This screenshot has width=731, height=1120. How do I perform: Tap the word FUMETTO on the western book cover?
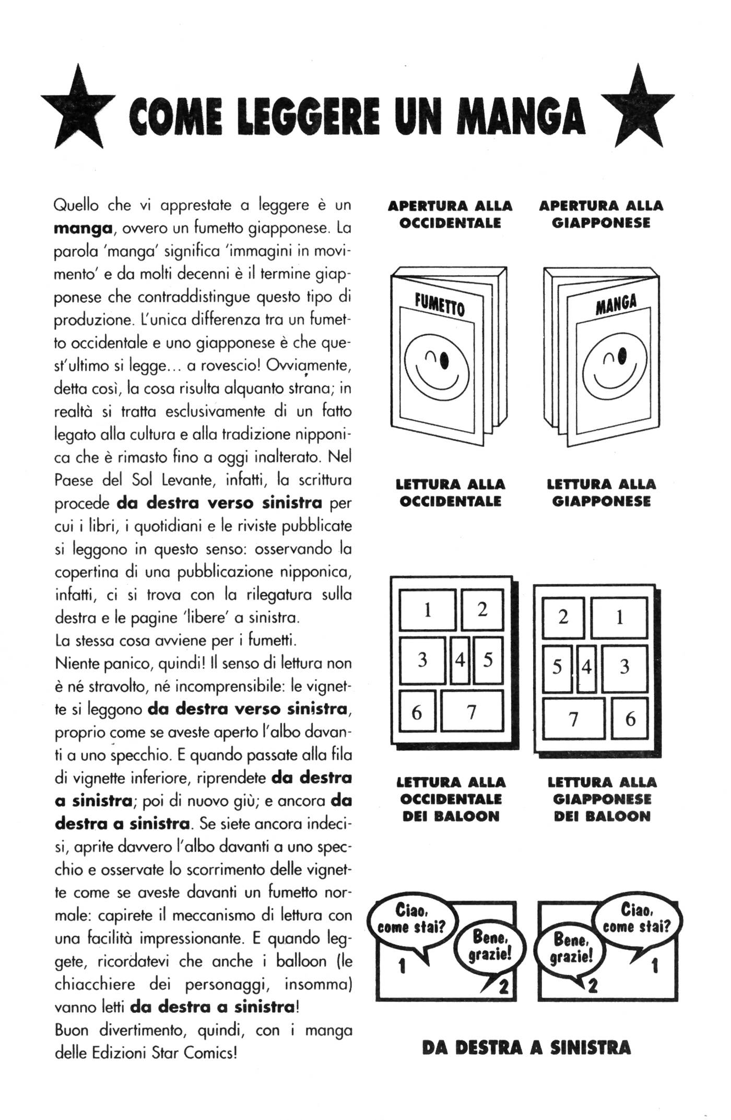point(439,304)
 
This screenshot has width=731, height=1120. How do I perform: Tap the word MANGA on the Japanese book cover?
point(617,304)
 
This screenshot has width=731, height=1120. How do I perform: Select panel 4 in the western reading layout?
point(459,660)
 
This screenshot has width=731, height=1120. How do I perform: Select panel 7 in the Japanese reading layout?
point(573,719)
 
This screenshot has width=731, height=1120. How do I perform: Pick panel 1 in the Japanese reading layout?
point(619,618)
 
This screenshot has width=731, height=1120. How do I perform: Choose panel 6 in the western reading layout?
point(417,711)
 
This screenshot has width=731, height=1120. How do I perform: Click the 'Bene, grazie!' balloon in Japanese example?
point(572,948)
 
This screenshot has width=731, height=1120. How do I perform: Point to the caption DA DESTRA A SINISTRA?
point(526,1047)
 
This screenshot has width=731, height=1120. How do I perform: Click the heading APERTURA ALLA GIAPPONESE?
point(601,214)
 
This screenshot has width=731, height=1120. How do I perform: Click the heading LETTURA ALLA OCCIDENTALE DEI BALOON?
point(451,799)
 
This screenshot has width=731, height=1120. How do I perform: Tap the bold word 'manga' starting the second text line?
point(84,228)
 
